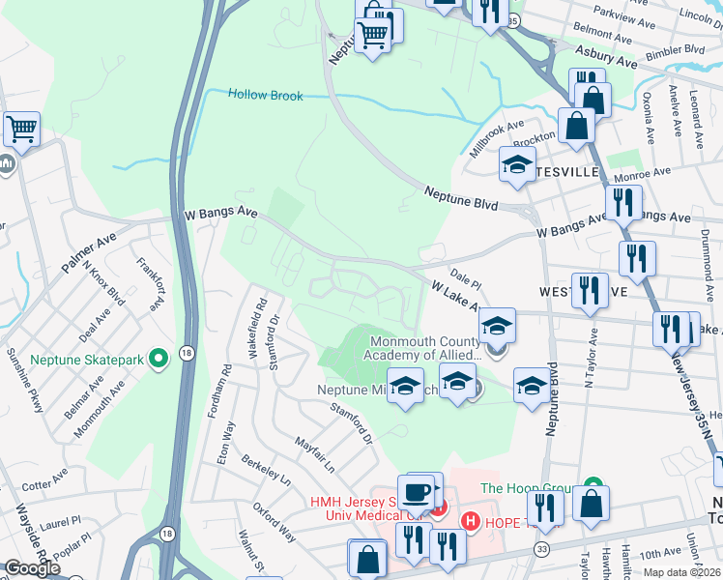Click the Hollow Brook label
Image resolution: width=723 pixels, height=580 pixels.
click(266, 96)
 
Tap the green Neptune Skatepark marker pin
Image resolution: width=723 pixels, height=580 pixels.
click(159, 360)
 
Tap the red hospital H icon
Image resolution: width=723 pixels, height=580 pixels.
click(471, 522)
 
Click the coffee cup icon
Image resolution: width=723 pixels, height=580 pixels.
click(418, 492)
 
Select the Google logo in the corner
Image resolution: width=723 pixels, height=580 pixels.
click(32, 568)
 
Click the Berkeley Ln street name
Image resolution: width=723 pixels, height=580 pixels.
click(266, 470)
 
